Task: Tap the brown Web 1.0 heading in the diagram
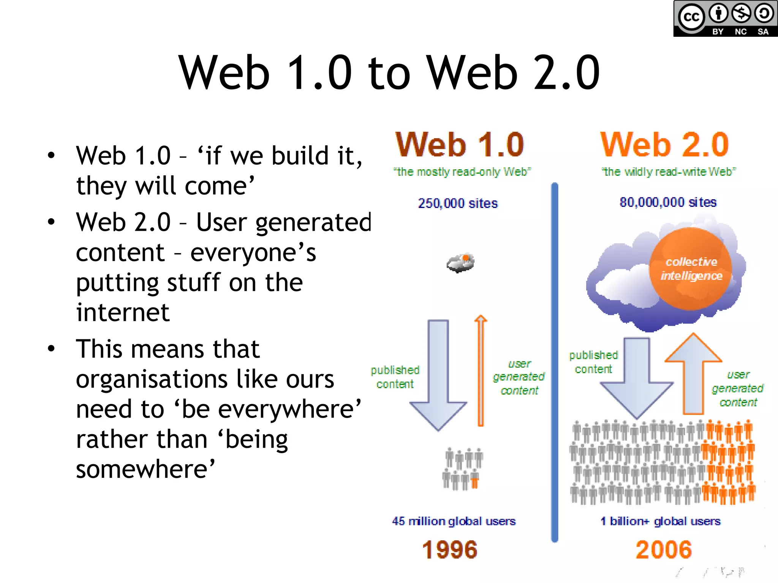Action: pyautogui.click(x=460, y=145)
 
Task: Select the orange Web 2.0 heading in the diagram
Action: pyautogui.click(x=664, y=145)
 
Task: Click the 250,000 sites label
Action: pyautogui.click(x=458, y=203)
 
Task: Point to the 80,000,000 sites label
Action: pyautogui.click(x=668, y=202)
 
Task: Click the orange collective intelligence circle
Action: pyautogui.click(x=691, y=269)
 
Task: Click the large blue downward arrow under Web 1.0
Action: pyautogui.click(x=438, y=376)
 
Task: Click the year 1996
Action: pyautogui.click(x=450, y=550)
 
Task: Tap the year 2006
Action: pyautogui.click(x=664, y=550)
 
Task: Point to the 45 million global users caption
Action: pyautogui.click(x=454, y=521)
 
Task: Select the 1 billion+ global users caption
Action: pyautogui.click(x=660, y=521)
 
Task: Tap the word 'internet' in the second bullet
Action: pyautogui.click(x=122, y=312)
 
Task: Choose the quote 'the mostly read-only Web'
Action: pyautogui.click(x=462, y=172)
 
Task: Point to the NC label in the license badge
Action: pyautogui.click(x=740, y=32)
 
